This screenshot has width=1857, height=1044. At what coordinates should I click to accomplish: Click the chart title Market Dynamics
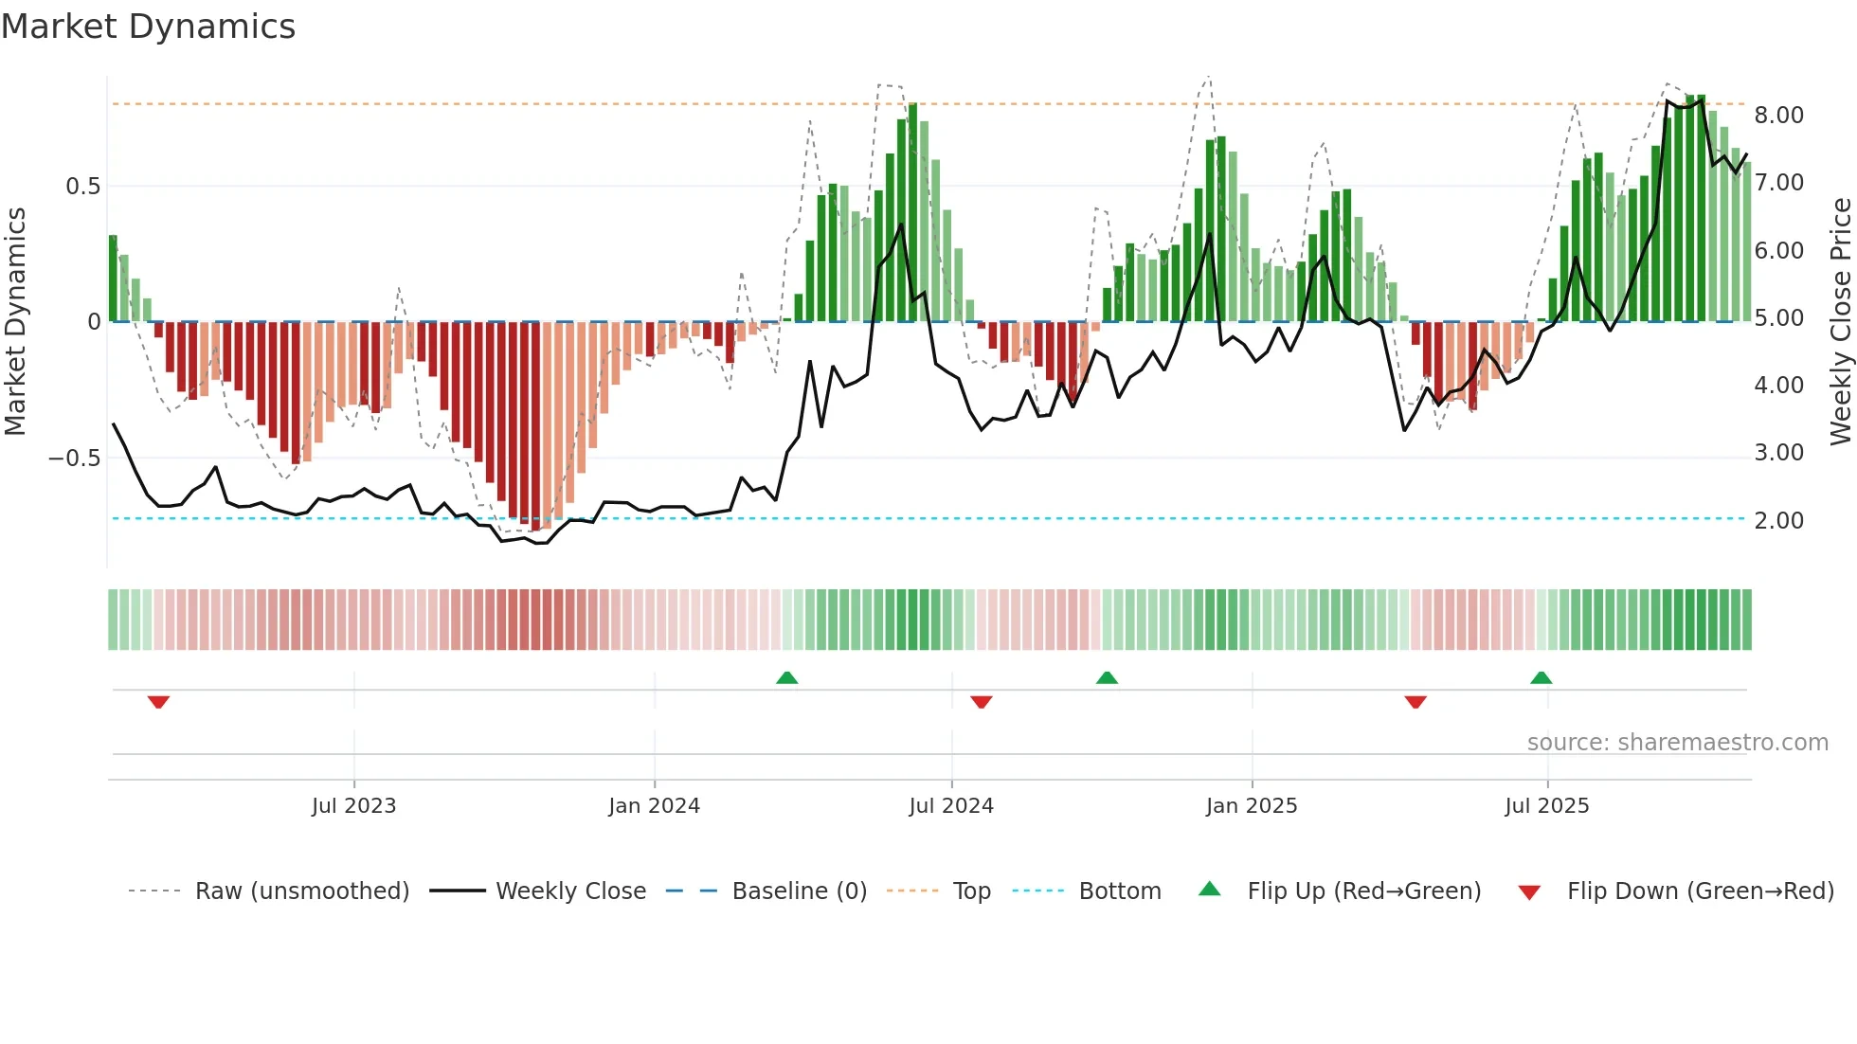click(x=149, y=27)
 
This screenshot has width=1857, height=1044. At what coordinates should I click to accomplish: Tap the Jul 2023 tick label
click(x=353, y=806)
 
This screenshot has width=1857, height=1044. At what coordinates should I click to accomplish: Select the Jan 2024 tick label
click(x=654, y=806)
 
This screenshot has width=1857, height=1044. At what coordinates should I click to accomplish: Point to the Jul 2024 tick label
click(x=951, y=806)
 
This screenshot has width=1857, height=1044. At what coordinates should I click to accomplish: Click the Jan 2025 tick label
click(x=1252, y=806)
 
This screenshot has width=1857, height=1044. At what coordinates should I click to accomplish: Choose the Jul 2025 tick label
click(x=1547, y=806)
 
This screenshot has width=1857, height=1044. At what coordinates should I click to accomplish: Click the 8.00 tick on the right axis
click(x=1778, y=116)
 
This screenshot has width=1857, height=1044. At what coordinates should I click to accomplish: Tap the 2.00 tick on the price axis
click(x=1778, y=520)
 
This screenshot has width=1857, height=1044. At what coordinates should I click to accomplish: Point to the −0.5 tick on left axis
click(x=74, y=459)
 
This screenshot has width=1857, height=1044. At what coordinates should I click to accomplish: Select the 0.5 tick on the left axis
click(x=82, y=187)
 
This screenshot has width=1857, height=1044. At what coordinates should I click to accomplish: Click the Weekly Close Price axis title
click(x=1840, y=321)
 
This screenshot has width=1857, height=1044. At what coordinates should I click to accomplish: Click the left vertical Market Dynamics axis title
click(x=15, y=321)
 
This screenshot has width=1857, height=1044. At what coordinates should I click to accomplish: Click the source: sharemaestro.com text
click(x=1677, y=743)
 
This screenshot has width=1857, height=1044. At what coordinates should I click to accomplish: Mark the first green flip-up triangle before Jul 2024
click(x=786, y=677)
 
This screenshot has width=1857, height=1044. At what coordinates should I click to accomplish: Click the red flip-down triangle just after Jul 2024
click(x=982, y=702)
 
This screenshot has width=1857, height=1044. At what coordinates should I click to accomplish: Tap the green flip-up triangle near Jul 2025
click(x=1541, y=677)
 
